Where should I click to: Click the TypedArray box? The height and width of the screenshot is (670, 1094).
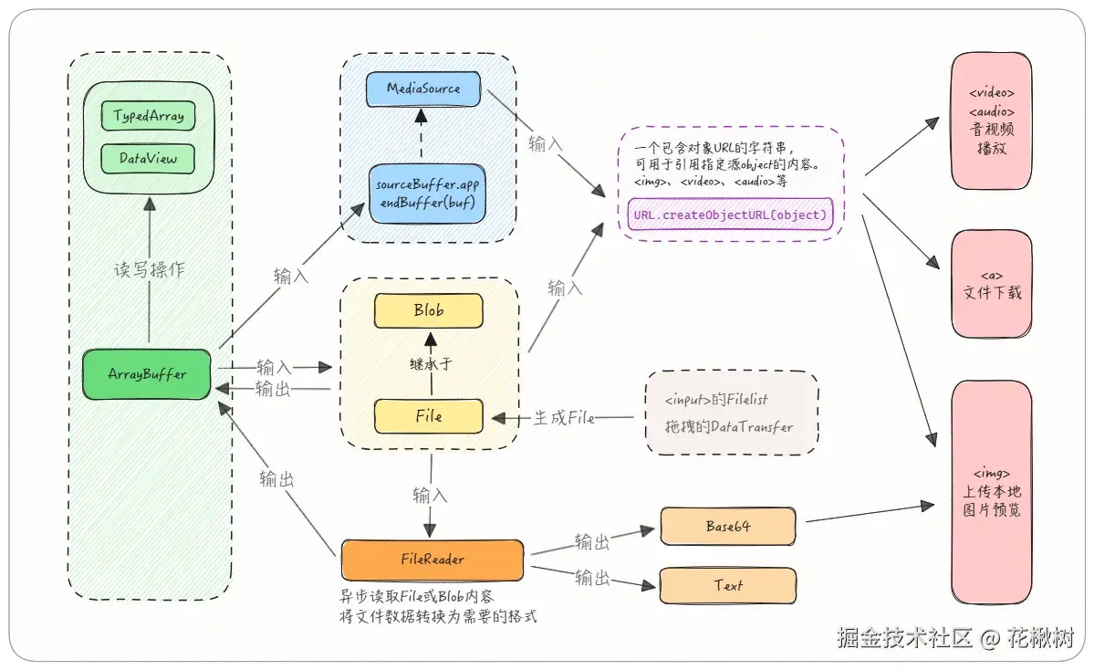point(148,116)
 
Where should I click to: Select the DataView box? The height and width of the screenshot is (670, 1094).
point(148,159)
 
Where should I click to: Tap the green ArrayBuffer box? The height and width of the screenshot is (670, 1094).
point(147,374)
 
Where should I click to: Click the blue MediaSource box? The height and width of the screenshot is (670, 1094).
point(423,89)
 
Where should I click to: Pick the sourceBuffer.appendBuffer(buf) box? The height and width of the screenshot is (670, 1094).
point(427,194)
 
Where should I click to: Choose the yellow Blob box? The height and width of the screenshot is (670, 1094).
point(429,310)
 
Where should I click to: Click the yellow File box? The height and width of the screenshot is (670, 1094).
point(429,416)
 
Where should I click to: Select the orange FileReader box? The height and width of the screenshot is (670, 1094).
point(432,560)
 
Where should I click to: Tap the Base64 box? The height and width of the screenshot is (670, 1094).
point(728,526)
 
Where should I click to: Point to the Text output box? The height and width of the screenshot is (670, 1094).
point(728,585)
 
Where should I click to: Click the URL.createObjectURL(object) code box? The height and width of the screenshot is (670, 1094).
point(730,215)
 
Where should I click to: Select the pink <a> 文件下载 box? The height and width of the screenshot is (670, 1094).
point(992,285)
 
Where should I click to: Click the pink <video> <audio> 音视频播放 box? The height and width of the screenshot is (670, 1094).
point(992,120)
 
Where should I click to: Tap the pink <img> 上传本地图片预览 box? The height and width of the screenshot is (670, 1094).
point(992,492)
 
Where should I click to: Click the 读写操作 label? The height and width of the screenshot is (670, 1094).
point(150,269)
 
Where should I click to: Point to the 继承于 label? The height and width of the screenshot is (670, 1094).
point(431,363)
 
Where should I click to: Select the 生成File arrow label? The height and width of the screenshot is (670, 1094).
point(564,418)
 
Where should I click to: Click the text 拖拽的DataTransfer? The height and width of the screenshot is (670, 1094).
point(728,426)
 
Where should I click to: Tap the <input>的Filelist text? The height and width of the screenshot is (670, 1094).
point(716,400)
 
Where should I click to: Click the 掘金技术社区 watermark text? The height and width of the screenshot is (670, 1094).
point(904,637)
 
